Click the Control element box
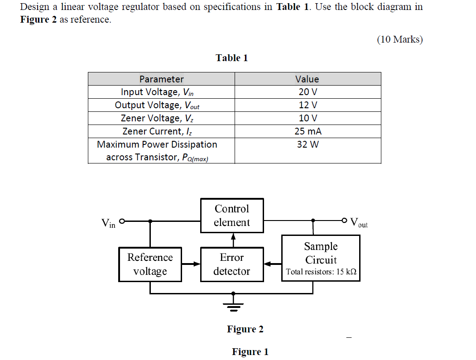(232, 216)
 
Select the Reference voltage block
(150, 264)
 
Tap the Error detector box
(232, 264)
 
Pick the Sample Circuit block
(321, 258)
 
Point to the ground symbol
(233, 306)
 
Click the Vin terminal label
(108, 223)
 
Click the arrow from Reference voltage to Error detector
(191, 264)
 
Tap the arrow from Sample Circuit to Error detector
(273, 264)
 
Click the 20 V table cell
(307, 92)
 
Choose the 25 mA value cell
(307, 131)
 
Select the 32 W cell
(307, 144)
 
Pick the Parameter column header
(161, 79)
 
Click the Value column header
(307, 79)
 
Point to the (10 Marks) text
(399, 39)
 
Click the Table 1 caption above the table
(231, 58)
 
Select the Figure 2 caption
(245, 329)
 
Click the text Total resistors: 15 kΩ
(321, 272)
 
